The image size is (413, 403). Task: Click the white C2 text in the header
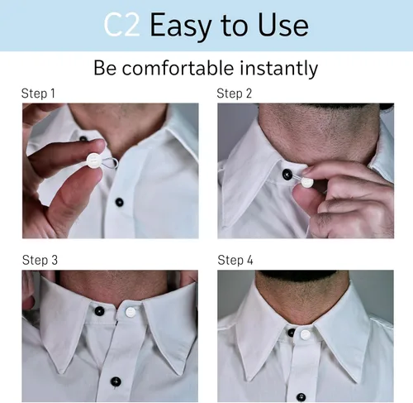tap(121, 25)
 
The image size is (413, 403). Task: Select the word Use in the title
tap(282, 25)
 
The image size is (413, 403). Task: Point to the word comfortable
tap(178, 68)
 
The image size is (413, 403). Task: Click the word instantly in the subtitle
tap(279, 69)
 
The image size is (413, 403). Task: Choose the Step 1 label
tap(38, 94)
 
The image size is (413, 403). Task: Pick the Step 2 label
tap(235, 94)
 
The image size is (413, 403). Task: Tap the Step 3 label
tap(40, 260)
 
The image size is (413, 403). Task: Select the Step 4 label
tap(235, 260)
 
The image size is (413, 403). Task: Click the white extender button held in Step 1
tap(93, 161)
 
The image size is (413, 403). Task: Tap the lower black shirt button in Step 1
tap(119, 202)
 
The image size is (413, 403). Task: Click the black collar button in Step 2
tap(287, 174)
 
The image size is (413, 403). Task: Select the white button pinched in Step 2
tap(307, 182)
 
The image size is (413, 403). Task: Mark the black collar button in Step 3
tap(99, 311)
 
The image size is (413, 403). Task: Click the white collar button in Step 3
tap(131, 312)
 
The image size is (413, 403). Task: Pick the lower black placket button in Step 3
tap(116, 381)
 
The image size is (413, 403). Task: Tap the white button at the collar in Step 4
tap(305, 334)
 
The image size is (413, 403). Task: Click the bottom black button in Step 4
tap(301, 397)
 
